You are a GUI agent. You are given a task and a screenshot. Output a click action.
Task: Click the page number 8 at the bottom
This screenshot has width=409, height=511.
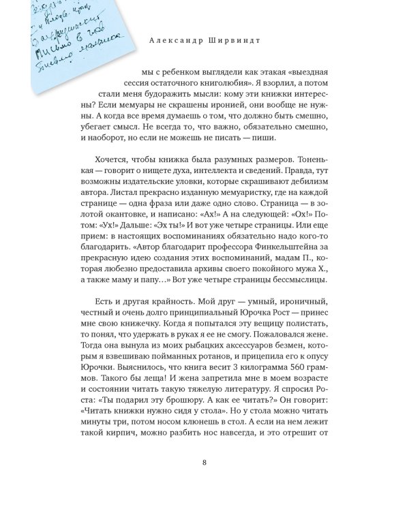204,465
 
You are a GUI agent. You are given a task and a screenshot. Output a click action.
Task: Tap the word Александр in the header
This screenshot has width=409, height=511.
179,39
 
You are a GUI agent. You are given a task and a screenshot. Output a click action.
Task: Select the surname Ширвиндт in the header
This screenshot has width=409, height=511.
244,39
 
